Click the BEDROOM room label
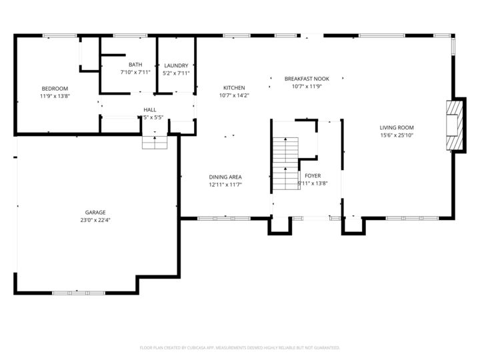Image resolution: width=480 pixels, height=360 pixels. tap(55, 89)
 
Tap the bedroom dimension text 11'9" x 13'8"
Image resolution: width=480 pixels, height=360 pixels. tap(55, 96)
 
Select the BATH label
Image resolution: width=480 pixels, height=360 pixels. tap(135, 65)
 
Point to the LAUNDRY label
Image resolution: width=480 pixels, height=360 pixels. tap(176, 65)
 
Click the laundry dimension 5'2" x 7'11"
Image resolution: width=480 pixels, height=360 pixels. tap(176, 73)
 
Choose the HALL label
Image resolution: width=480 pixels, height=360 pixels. tap(150, 109)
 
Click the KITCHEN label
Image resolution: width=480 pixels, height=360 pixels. tap(234, 88)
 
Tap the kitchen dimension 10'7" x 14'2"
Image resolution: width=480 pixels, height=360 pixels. tap(234, 95)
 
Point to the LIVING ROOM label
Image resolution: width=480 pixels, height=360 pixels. tap(397, 127)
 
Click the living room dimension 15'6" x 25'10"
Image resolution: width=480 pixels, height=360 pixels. tap(397, 135)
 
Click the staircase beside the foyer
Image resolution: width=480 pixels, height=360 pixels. tap(285, 163)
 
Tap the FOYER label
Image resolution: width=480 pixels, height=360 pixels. tap(313, 176)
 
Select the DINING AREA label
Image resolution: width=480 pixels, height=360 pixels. tap(225, 177)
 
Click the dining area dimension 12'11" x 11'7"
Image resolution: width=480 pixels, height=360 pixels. tap(225, 185)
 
